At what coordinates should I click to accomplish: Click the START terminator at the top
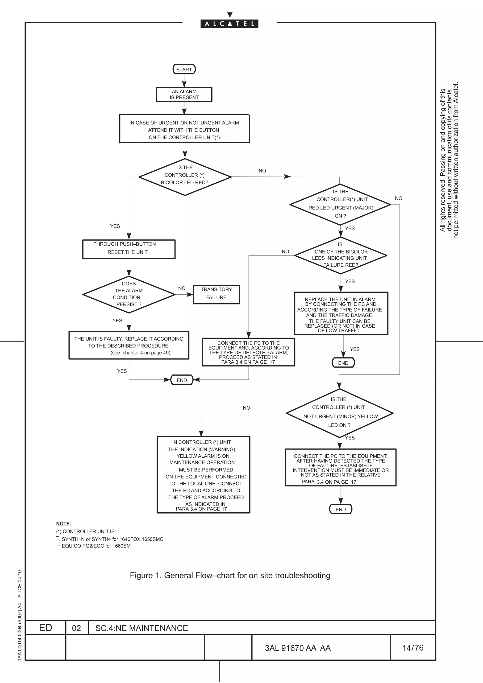(184, 69)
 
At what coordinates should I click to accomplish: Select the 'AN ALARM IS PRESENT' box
(184, 94)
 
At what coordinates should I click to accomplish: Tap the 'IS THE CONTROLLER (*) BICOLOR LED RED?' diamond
(185, 177)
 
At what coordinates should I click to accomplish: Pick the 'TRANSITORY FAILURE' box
(216, 294)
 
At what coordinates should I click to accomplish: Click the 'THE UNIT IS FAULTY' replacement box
(129, 345)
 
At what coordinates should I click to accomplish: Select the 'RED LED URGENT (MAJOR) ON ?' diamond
(340, 204)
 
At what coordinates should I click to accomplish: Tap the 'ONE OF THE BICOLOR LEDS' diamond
(341, 255)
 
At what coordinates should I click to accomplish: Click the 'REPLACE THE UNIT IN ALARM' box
(341, 313)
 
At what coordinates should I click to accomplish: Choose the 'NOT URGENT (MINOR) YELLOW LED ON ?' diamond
(340, 413)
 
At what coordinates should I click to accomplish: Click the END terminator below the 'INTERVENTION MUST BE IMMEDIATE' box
(341, 509)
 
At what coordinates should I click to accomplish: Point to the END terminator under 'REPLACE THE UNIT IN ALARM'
(343, 363)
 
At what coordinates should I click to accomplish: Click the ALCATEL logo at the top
(229, 24)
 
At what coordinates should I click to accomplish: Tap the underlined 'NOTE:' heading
(64, 523)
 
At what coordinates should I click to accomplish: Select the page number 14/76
(412, 648)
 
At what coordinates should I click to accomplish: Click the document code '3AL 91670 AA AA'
(298, 648)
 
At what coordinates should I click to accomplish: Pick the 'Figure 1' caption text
(230, 575)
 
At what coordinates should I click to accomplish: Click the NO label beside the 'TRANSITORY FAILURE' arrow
(182, 288)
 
